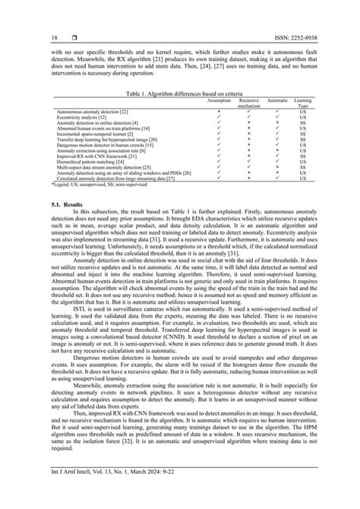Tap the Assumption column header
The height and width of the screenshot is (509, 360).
pyautogui.click(x=219, y=100)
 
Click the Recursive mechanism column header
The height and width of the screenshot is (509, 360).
pyautogui.click(x=249, y=102)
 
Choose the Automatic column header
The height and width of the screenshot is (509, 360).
pyautogui.click(x=278, y=100)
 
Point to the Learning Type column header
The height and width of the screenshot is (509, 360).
pyautogui.click(x=304, y=102)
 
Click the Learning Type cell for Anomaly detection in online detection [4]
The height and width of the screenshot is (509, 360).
pyautogui.click(x=304, y=123)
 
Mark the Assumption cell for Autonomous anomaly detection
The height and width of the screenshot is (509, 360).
pyautogui.click(x=219, y=112)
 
